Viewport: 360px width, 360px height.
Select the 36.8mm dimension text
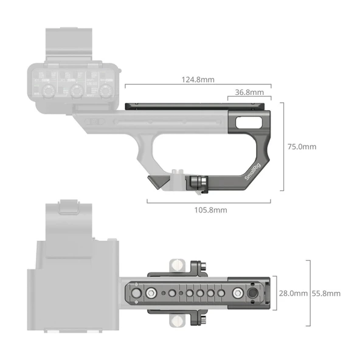[249, 92]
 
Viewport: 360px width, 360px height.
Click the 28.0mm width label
[292, 293]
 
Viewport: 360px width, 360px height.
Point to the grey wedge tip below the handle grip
[156, 181]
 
